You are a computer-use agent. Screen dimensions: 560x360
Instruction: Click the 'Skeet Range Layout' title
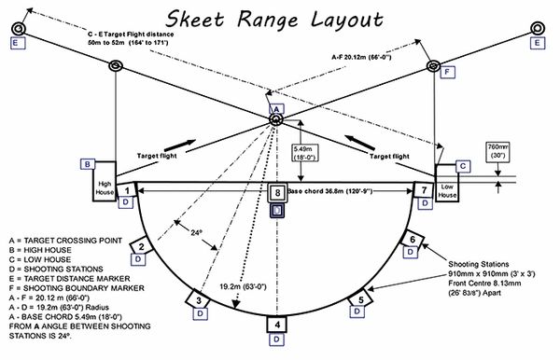coord(274,19)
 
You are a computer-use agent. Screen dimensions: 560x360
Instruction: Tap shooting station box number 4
coord(277,325)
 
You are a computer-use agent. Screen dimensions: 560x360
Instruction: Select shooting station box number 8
coord(277,193)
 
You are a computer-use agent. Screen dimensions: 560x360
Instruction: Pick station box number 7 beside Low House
coord(424,189)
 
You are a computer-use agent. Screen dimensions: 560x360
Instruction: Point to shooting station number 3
coord(199,300)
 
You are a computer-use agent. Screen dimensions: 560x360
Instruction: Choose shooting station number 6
coord(413,239)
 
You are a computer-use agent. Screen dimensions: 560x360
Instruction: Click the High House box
coord(105,181)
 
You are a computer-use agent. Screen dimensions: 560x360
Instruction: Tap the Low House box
coord(447,184)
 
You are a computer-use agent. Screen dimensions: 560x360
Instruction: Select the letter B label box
coord(88,164)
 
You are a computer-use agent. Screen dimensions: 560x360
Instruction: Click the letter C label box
coord(463,166)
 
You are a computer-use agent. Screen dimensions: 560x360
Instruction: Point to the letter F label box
coord(447,73)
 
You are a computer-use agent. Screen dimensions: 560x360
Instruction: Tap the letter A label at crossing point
coord(276,109)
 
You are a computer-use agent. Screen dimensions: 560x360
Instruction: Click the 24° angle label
coord(196,233)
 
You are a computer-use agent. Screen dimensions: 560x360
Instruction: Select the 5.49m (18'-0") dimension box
coord(305,153)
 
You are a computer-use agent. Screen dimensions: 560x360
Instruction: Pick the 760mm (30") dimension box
coord(498,152)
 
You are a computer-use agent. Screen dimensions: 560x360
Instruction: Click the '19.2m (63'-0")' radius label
coord(243,286)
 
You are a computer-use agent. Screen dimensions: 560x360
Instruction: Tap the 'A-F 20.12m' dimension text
coord(361,57)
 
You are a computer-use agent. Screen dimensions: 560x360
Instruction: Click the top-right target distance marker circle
coord(538,28)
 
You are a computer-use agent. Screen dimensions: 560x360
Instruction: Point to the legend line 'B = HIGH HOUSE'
coord(40,250)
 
